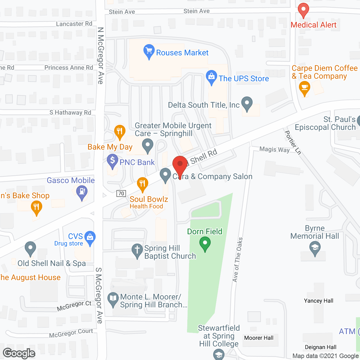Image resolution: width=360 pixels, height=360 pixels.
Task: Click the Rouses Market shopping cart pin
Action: (x=149, y=52)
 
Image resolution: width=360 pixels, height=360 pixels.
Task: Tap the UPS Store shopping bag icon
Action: (x=211, y=77)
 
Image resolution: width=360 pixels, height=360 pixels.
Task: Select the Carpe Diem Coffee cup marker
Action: (x=304, y=88)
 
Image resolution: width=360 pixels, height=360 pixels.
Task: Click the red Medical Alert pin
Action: (x=303, y=10)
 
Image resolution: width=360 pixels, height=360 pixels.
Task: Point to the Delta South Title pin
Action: (x=247, y=104)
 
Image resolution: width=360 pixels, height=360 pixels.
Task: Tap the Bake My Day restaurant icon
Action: (x=120, y=132)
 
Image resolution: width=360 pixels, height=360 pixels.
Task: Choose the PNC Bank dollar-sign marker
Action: (x=112, y=161)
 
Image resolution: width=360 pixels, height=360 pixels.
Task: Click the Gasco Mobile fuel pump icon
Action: (x=82, y=192)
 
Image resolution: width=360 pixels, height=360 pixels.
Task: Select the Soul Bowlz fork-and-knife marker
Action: (x=142, y=184)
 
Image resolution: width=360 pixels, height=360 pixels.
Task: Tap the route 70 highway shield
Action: (x=121, y=193)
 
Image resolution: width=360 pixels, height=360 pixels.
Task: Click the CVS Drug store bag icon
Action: (x=90, y=238)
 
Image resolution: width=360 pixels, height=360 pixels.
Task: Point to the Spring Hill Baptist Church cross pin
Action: (x=137, y=250)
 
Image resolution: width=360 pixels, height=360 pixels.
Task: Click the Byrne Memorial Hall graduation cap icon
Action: (x=315, y=248)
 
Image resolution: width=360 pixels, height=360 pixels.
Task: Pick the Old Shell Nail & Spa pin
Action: (x=30, y=249)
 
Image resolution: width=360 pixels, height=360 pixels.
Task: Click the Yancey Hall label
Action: (x=318, y=301)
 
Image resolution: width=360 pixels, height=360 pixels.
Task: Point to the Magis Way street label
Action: (x=274, y=149)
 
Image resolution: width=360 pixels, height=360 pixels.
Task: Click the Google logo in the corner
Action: (x=19, y=353)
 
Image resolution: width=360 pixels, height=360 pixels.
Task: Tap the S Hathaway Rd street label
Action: (x=70, y=112)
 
